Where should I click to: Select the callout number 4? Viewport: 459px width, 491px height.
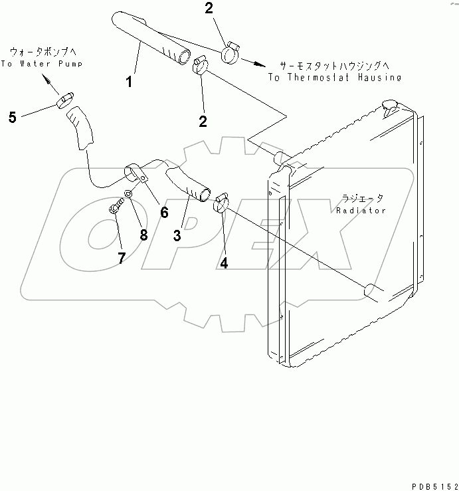coord(224,262)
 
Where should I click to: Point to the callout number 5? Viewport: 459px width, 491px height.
coord(13,118)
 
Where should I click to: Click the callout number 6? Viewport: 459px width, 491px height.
coord(163,213)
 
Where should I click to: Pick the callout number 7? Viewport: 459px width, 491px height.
coord(121,258)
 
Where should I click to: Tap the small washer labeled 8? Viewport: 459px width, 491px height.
coord(130,195)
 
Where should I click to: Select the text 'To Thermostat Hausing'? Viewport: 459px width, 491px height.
coord(335,77)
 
